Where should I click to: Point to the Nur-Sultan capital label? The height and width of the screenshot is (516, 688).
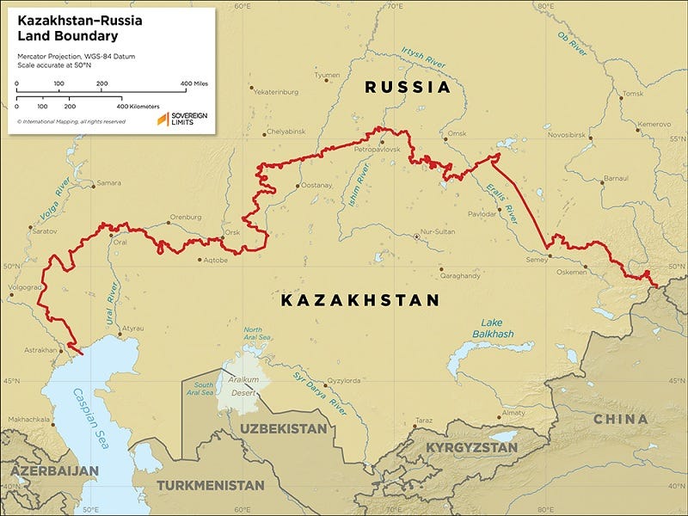coord(433,235)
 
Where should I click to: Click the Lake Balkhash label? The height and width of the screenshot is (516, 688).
coord(493,328)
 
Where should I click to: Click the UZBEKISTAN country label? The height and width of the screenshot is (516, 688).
coord(284,428)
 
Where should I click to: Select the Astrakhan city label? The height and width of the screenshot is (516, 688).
coord(37,350)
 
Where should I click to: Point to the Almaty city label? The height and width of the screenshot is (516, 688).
coord(513,413)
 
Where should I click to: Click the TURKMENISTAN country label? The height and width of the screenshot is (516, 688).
coord(212,485)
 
